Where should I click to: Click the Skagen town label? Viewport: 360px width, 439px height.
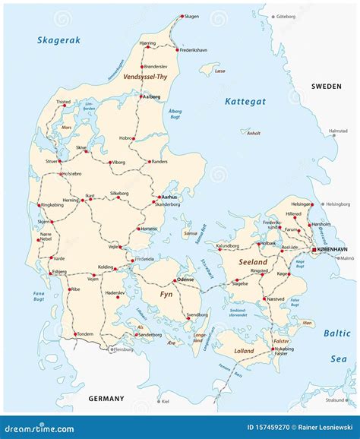(x=193, y=15)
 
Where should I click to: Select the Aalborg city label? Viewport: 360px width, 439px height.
(x=153, y=96)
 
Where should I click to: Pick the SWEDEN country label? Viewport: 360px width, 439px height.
(x=327, y=87)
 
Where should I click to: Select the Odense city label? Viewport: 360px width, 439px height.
(x=188, y=278)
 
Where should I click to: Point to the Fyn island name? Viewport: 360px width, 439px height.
(x=166, y=293)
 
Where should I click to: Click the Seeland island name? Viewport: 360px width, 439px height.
(x=253, y=262)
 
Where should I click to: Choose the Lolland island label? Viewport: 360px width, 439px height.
(x=244, y=351)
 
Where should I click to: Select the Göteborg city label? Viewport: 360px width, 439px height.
(x=287, y=15)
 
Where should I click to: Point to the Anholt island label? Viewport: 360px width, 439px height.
(x=254, y=133)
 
